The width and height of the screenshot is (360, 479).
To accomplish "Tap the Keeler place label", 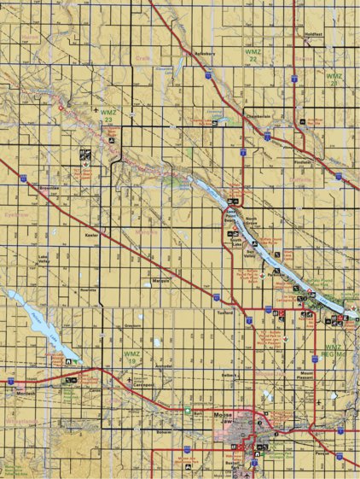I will tap(92, 231).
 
